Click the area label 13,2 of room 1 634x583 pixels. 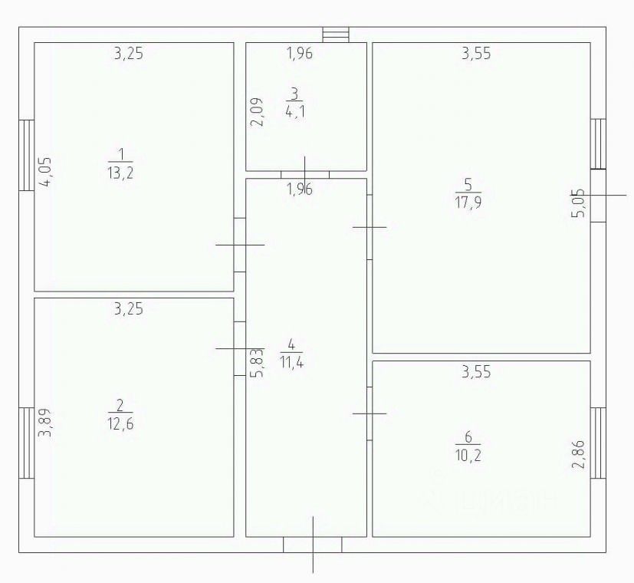(x=121, y=172)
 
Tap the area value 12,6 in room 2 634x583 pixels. (x=121, y=423)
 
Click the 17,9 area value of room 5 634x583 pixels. (x=468, y=203)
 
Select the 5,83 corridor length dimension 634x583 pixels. (x=258, y=363)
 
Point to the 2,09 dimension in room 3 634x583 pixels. (x=258, y=112)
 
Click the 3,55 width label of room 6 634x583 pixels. (x=475, y=374)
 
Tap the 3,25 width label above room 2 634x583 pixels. (x=129, y=309)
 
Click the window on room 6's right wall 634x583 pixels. (x=598, y=443)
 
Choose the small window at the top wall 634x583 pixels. (x=335, y=35)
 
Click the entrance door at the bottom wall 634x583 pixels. (x=312, y=544)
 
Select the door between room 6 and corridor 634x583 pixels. (x=370, y=413)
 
